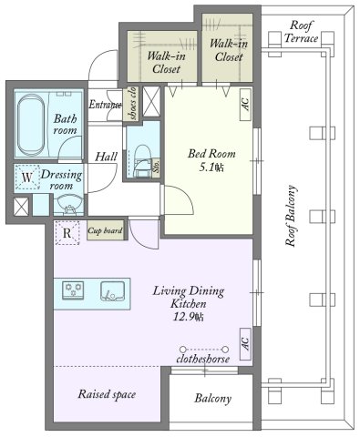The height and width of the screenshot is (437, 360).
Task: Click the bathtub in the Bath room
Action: [x=31, y=125]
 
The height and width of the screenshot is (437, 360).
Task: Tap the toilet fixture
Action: [x=142, y=160]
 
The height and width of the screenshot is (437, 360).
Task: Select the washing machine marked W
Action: [x=27, y=178]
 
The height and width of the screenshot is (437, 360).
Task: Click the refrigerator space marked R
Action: [x=67, y=233]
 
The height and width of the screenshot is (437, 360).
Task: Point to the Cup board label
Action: [x=105, y=230]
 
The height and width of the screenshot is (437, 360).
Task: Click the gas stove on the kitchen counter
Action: [x=73, y=290]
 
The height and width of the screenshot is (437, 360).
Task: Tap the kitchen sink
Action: [x=112, y=291]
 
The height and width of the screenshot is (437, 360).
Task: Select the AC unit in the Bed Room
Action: [x=245, y=105]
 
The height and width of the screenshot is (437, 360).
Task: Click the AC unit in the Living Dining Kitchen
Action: [x=245, y=344]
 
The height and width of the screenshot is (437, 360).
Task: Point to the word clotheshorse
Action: [x=203, y=359]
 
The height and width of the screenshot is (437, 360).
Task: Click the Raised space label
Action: [x=107, y=394]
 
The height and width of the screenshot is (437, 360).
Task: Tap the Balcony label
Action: [x=213, y=398]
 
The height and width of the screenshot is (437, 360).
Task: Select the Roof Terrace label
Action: [x=301, y=32]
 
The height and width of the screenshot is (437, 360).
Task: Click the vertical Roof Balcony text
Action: [x=291, y=216]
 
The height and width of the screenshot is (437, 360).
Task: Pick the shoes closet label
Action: [x=132, y=104]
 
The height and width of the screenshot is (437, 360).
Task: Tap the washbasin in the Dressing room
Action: [x=68, y=203]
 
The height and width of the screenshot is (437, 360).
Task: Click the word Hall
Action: [x=106, y=157]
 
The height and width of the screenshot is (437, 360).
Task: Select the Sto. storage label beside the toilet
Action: [x=156, y=167]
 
